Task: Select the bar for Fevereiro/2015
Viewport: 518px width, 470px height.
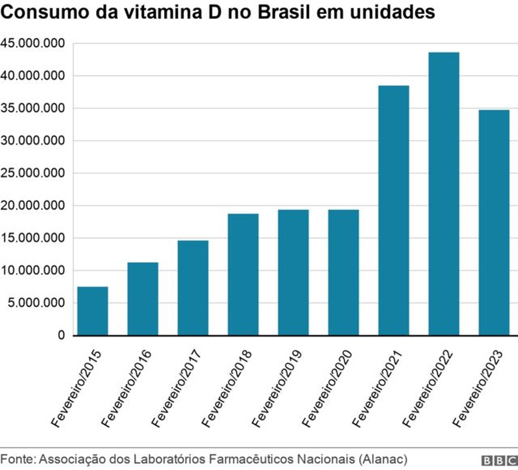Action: pos(93,311)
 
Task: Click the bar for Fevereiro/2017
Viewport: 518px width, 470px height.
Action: pos(193,288)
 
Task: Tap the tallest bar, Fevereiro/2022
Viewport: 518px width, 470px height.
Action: pos(444,194)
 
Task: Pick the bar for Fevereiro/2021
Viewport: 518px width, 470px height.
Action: pos(394,210)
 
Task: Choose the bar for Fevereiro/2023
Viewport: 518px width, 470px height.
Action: pos(494,222)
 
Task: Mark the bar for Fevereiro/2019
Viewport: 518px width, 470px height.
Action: pos(293,272)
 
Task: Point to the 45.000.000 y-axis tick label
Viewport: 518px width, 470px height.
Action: pos(33,43)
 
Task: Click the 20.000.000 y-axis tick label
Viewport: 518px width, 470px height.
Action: pos(33,205)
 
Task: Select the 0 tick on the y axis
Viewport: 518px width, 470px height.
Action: pos(61,336)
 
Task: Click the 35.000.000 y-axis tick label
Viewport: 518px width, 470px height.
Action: pos(33,109)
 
